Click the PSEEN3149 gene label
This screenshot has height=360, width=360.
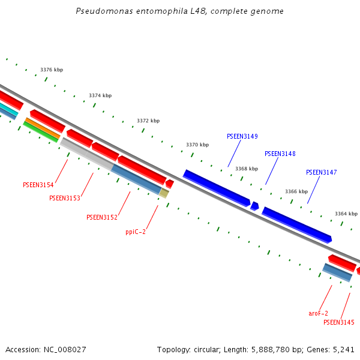[x=242, y=137]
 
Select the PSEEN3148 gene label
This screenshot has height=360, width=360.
[x=280, y=154]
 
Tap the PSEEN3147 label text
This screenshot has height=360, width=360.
[x=321, y=173]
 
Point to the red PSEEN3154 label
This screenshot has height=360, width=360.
[x=38, y=185]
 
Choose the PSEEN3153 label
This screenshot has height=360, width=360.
[x=65, y=198]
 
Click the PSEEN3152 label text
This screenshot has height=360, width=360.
[x=102, y=217]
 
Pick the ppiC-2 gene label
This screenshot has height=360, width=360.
[x=136, y=232]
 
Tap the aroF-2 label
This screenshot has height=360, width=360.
[x=319, y=313]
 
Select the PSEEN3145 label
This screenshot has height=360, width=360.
[x=338, y=323]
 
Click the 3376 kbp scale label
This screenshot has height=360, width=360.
[x=52, y=70]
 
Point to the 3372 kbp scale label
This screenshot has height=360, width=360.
[x=148, y=121]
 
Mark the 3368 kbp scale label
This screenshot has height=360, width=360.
[x=247, y=169]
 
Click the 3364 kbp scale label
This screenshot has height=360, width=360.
[x=346, y=214]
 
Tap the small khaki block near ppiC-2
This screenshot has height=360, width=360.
[x=164, y=193]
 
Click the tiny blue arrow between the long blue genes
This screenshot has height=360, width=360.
[x=255, y=206]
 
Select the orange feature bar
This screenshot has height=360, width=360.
[x=42, y=128]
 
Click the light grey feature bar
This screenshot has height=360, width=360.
[x=86, y=154]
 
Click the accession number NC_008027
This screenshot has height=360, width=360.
[x=66, y=349]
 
